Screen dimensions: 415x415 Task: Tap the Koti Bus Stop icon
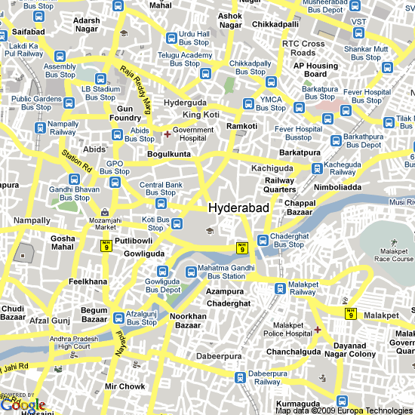coord(177,223)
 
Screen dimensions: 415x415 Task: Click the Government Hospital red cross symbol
coord(167,134)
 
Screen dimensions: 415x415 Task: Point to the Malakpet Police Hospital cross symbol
coord(318,329)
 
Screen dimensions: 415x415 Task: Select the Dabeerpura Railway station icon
coord(240,377)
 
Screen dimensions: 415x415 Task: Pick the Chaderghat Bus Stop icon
coord(263,239)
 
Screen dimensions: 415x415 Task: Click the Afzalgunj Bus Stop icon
coord(118,317)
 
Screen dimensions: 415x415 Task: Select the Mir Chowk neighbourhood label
coord(124,386)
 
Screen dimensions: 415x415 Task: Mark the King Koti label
coord(200,115)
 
